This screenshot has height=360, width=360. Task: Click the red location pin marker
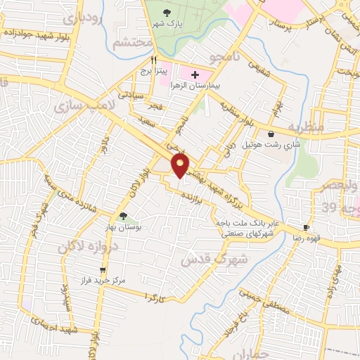click(x=181, y=165)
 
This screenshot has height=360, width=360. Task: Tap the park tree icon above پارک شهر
click(x=167, y=13)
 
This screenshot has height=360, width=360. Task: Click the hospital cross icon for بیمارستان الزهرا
click(x=195, y=75)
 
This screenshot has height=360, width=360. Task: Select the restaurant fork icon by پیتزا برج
click(x=143, y=60)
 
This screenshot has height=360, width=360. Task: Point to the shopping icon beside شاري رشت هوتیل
click(x=271, y=133)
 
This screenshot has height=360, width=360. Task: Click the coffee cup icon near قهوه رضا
click(x=306, y=227)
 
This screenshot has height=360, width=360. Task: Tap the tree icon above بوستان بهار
click(x=124, y=216)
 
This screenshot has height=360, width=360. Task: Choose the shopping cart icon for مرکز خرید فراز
click(x=103, y=269)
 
